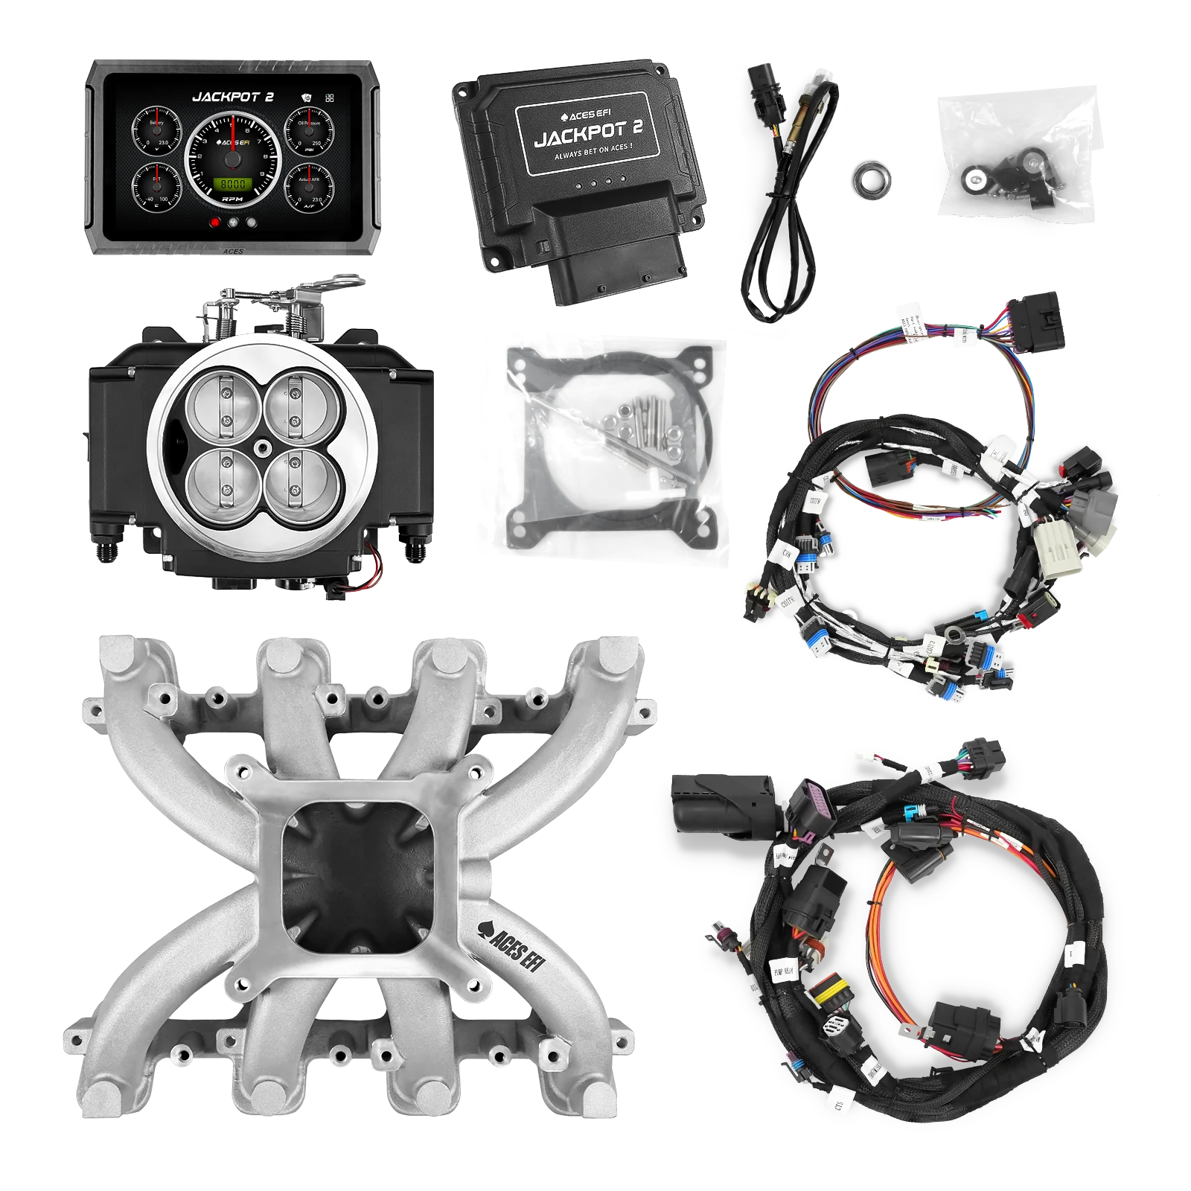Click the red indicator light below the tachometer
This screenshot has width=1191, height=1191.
(216, 222)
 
